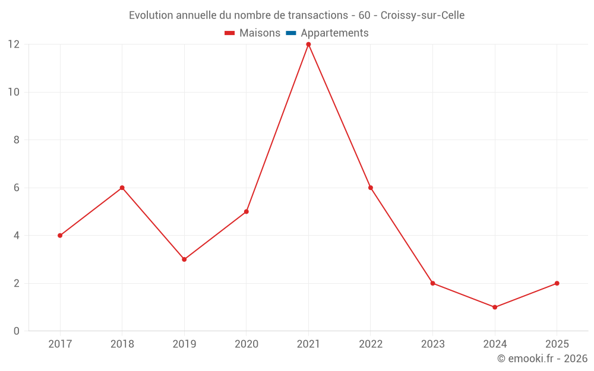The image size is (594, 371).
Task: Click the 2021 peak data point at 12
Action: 308,45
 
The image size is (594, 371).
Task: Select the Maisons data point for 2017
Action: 60,236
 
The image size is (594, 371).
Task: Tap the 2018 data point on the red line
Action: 122,188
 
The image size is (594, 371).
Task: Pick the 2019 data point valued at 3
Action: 184,259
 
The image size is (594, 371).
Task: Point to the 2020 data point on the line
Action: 246,211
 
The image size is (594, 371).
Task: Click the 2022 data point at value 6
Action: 371,188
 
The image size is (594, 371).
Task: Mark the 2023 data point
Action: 432,283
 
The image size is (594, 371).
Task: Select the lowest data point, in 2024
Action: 495,307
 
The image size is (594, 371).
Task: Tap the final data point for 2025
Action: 557,283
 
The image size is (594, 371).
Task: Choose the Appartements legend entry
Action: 334,33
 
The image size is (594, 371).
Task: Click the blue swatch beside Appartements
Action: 291,33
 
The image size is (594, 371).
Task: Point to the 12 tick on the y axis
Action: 14,45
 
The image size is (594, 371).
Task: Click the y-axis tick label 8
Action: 17,140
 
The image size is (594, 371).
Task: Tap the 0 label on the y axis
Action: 17,331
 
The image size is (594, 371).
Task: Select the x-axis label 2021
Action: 308,344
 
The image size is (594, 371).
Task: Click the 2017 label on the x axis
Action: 60,344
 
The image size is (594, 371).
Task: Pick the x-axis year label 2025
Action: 557,344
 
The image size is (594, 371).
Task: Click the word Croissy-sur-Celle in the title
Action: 422,15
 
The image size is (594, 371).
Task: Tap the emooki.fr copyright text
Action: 542,359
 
